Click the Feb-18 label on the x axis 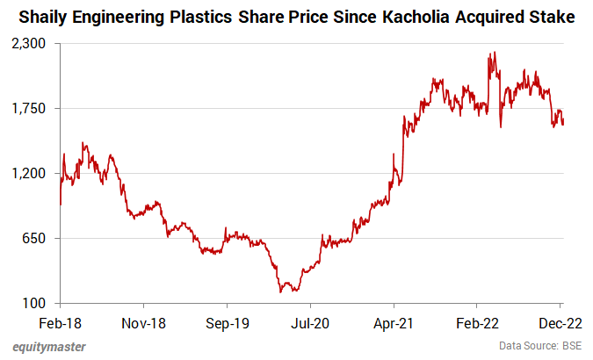(x=60, y=322)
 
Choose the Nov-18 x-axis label (x=143, y=322)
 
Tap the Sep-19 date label (x=227, y=322)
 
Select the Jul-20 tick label (x=310, y=322)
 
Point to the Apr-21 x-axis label (x=394, y=322)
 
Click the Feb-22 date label (x=477, y=322)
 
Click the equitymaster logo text (x=49, y=347)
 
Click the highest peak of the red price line (x=495, y=52)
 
